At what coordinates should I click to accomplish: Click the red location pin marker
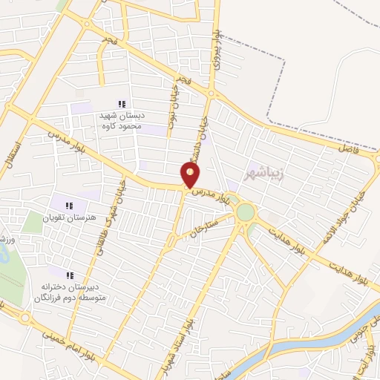[191, 175]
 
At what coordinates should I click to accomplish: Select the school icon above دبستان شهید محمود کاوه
[122, 105]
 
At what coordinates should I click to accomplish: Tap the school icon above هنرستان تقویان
[70, 206]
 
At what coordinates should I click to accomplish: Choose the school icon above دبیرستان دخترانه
[70, 275]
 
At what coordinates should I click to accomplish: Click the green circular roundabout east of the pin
[245, 212]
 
